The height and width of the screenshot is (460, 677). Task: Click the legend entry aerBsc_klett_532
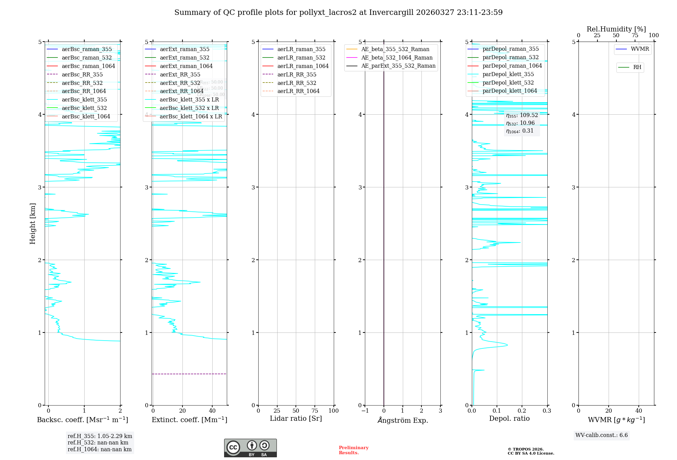click(84, 108)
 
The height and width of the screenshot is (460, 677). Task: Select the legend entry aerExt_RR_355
click(180, 75)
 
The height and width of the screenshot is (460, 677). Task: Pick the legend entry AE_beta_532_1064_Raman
click(397, 58)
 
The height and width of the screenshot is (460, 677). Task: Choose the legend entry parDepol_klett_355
click(508, 74)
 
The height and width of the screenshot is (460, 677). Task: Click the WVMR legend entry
click(639, 49)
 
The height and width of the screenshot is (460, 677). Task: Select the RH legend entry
click(637, 68)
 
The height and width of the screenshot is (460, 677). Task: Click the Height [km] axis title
click(32, 224)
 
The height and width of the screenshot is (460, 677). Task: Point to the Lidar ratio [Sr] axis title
click(296, 419)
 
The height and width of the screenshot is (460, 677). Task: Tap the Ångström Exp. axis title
click(402, 420)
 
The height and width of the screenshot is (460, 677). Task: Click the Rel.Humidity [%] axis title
click(616, 29)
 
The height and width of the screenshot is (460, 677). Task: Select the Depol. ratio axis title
click(509, 419)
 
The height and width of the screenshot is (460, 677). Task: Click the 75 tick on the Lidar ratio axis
click(315, 411)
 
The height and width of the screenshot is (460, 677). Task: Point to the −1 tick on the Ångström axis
click(365, 411)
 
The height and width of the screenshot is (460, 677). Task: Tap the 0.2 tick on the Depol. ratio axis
click(522, 411)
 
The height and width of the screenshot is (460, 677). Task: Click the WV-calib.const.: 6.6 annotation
click(601, 435)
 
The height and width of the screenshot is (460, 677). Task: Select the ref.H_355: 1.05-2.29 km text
click(100, 436)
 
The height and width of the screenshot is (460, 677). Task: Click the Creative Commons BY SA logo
click(250, 448)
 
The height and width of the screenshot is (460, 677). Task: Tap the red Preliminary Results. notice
click(353, 450)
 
